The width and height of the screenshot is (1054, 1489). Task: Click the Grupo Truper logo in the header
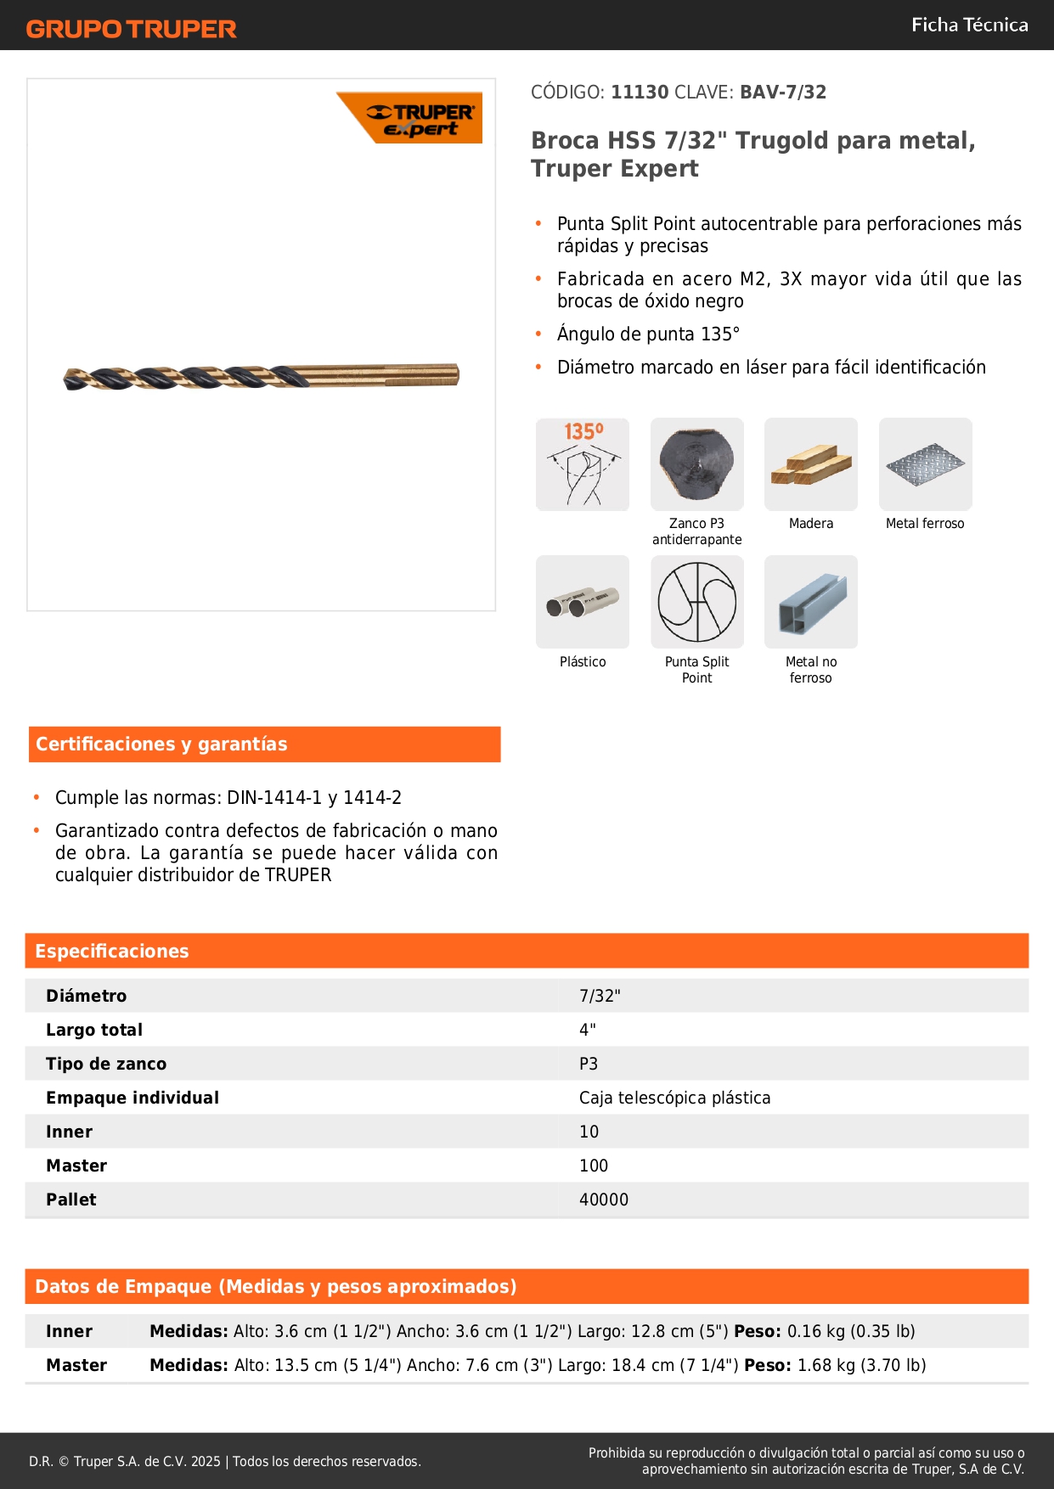point(131,29)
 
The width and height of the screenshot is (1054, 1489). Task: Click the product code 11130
point(640,93)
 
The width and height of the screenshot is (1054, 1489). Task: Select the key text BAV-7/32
point(782,93)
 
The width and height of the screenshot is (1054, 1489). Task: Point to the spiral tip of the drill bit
point(72,379)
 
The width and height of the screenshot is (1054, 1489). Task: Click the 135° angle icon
point(583,464)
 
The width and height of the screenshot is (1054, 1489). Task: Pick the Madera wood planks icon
point(811,464)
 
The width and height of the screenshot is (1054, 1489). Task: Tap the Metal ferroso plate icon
point(925,464)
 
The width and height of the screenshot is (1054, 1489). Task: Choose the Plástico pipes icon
point(583,603)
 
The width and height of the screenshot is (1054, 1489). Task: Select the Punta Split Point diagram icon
point(697,603)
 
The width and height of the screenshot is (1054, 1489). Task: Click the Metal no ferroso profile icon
point(811,603)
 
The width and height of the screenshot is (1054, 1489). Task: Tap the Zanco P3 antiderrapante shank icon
point(697,464)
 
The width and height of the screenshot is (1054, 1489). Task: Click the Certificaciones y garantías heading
point(161,744)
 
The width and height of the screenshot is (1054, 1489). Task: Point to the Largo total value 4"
point(588,1030)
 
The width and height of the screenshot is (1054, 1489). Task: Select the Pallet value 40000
point(604,1200)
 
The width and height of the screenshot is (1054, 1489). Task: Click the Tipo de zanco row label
point(106,1064)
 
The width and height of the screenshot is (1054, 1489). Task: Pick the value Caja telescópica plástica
point(674,1098)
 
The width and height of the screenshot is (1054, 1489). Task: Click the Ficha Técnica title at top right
point(969,25)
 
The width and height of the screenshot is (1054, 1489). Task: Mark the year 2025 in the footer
point(206,1461)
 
